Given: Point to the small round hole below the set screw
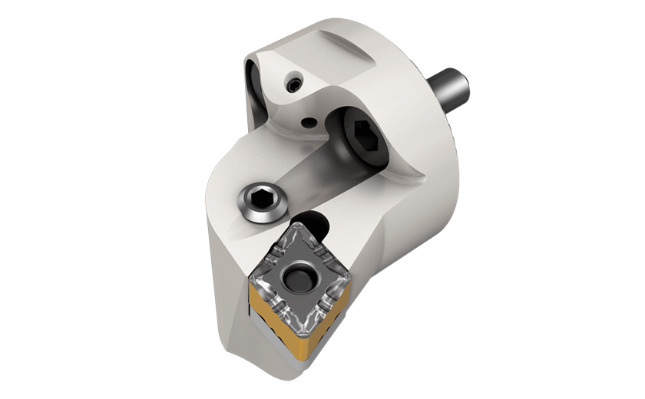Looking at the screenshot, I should point(308,121).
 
